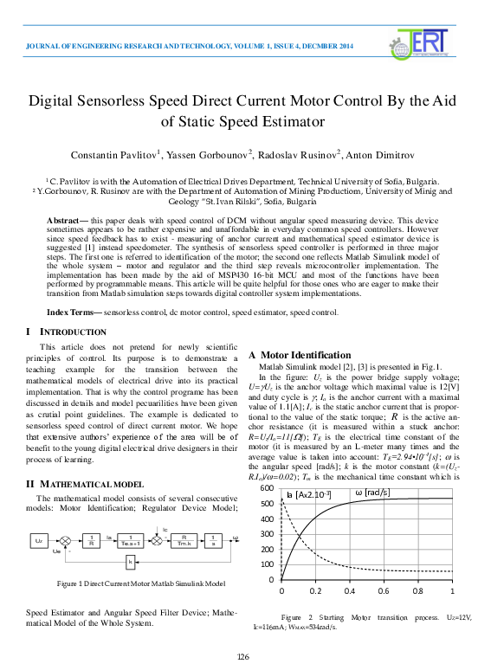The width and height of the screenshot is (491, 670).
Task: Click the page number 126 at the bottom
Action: (x=243, y=656)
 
